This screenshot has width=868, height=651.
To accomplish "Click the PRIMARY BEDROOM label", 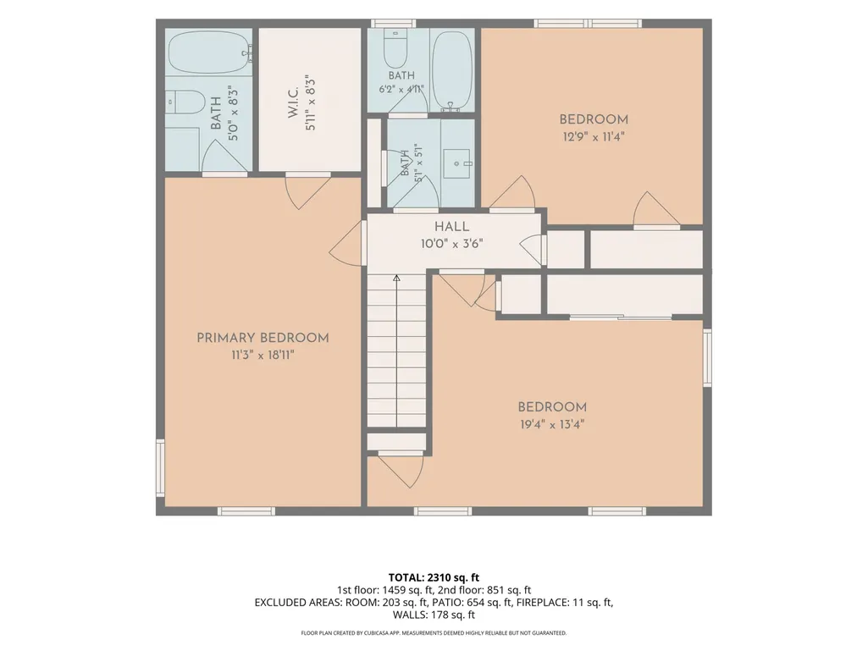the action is pos(263,338).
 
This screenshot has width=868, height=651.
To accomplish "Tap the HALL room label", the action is pos(451,226).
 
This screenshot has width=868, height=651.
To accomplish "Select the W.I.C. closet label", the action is pos(293,102).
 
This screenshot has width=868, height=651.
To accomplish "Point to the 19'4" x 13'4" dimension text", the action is pos(552,425).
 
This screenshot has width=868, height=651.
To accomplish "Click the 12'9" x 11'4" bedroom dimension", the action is pos(594,136).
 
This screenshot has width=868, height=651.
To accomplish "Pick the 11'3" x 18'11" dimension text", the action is pos(263,355).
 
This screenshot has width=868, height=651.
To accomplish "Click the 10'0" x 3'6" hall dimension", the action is pos(451,244).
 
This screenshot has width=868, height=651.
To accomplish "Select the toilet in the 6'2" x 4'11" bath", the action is pos(395,49).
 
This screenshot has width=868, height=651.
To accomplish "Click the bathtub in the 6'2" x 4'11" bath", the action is pos(451,69).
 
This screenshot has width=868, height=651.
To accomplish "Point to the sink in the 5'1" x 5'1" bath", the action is pos(457,164).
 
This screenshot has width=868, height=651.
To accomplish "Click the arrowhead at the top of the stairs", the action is pos(396,278).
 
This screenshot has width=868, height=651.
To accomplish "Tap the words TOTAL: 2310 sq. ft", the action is pos(434,578).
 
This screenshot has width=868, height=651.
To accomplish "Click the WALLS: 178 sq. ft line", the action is pos(434,615).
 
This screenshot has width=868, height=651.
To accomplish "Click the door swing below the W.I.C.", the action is pos(307,192).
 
